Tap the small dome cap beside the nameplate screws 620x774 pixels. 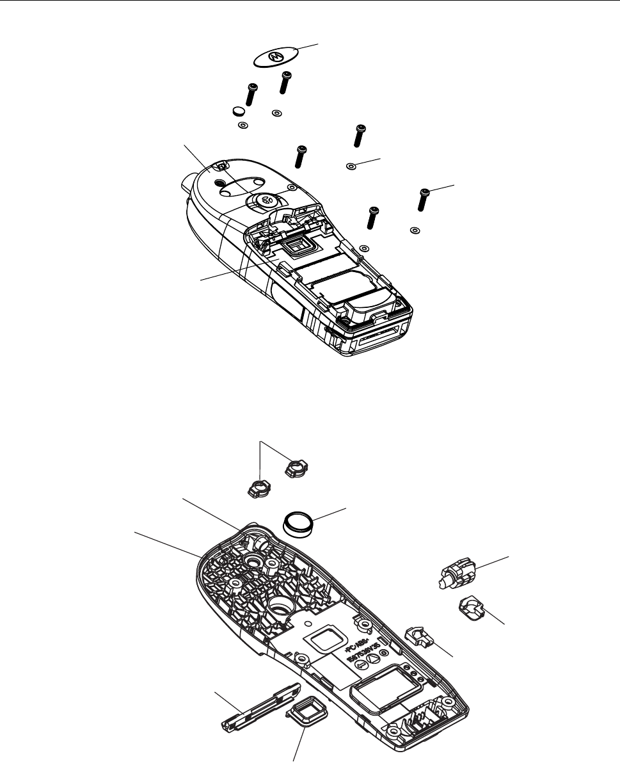coord(238,111)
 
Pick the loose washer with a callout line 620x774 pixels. coord(351,166)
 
